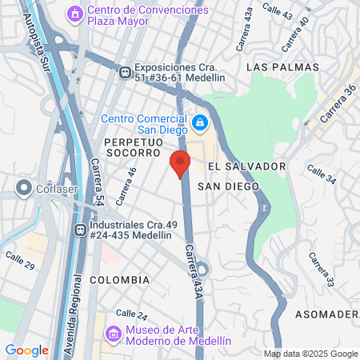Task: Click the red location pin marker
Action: pyautogui.click(x=179, y=163)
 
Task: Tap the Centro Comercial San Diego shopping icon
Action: pyautogui.click(x=199, y=123)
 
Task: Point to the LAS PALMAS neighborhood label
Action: pyautogui.click(x=282, y=66)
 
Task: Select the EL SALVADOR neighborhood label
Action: pyautogui.click(x=246, y=166)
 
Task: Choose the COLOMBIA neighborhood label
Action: pyautogui.click(x=120, y=280)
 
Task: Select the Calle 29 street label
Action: pyautogui.click(x=19, y=259)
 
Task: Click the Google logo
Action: pyautogui.click(x=26, y=350)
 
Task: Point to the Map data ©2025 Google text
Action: pyautogui.click(x=311, y=354)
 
